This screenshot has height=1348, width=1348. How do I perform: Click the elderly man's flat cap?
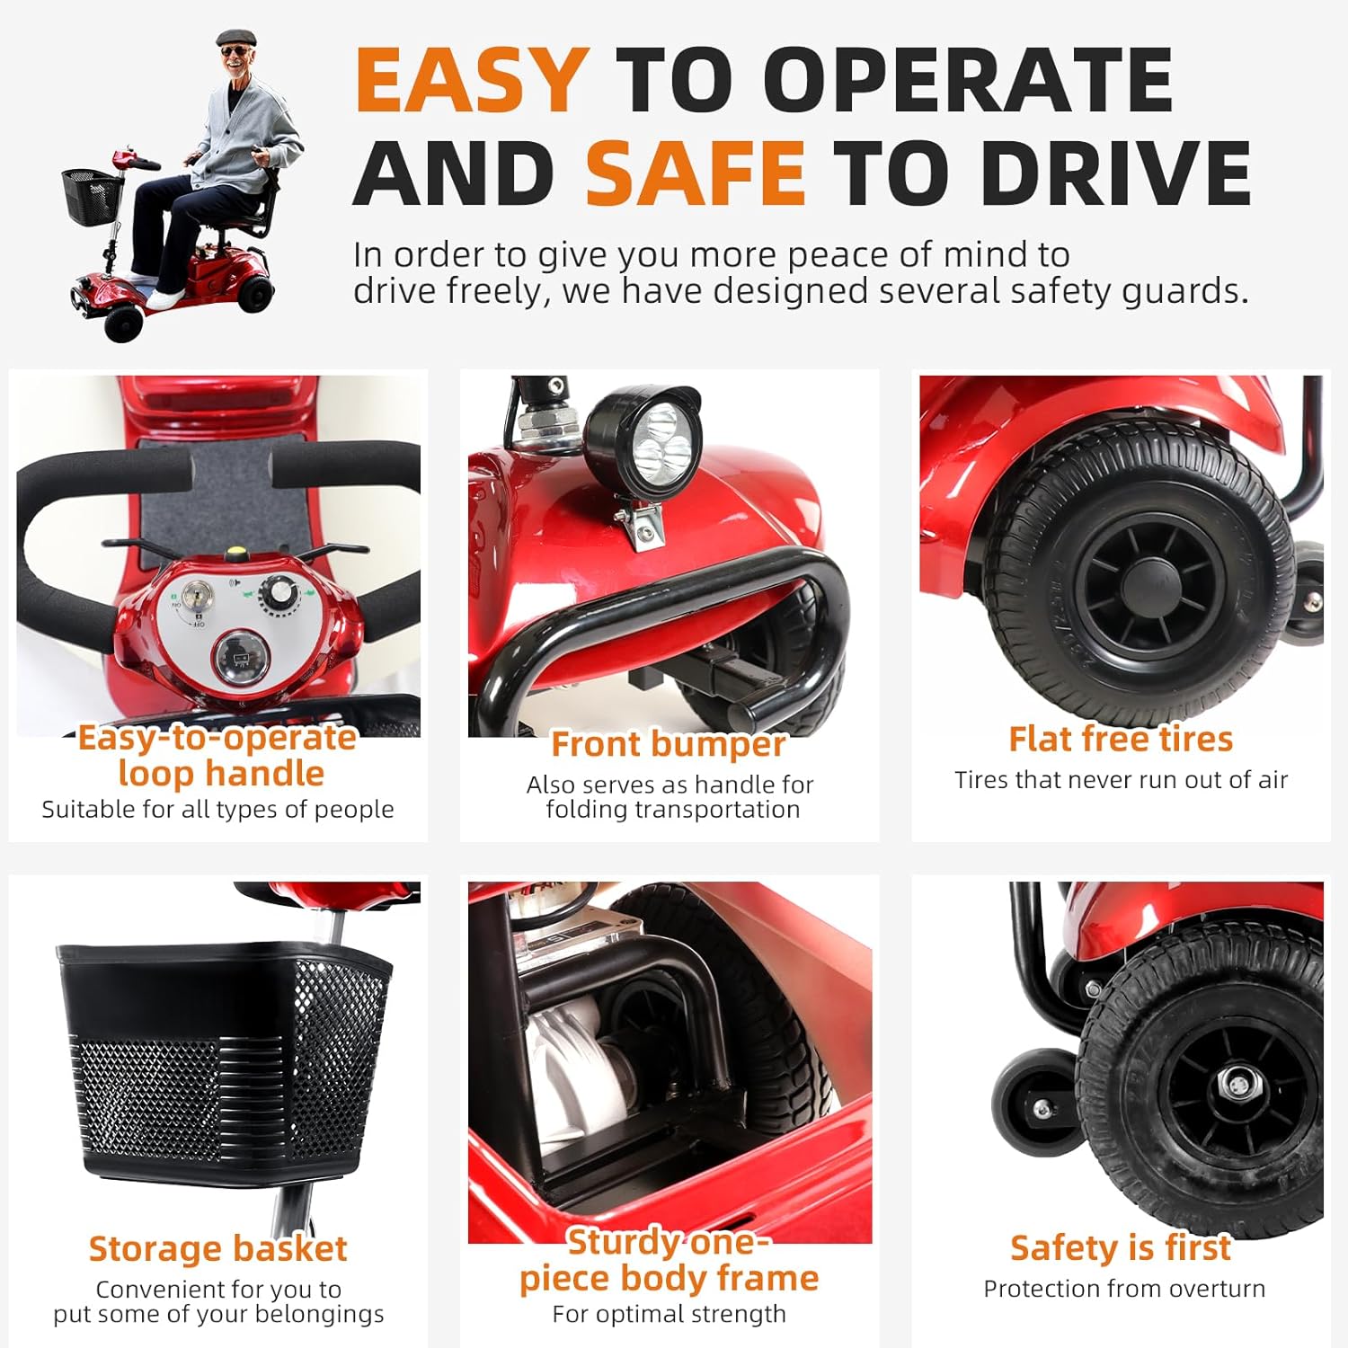pos(235,39)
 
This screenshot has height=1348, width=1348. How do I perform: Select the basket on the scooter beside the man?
pos(93,196)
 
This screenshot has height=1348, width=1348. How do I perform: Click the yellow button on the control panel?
pos(237,555)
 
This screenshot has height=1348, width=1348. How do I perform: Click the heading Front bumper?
pos(669,744)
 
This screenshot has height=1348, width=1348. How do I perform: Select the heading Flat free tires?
pos(1121,739)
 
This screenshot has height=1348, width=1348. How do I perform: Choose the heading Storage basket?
pos(217,1249)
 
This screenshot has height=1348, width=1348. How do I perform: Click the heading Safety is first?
pos(1121,1248)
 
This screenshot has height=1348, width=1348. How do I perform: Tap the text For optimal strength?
pos(670,1314)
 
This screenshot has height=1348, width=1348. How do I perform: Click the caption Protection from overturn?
pos(1124,1289)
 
